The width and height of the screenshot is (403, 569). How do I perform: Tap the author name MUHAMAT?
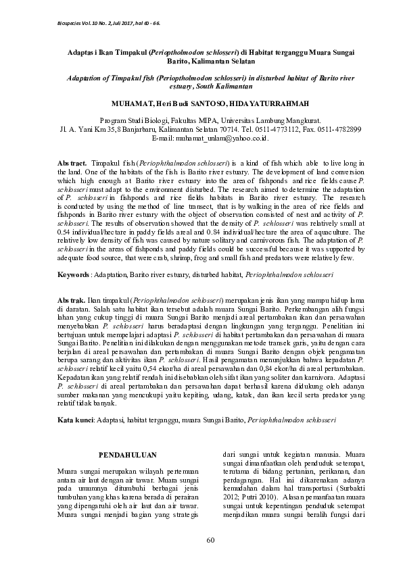pos(135,105)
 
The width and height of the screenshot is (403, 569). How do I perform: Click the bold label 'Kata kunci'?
pos(76,420)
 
